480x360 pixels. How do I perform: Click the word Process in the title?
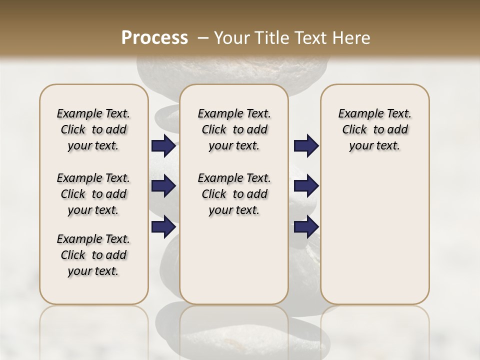[x=154, y=38]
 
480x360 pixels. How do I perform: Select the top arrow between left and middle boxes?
[x=163, y=146]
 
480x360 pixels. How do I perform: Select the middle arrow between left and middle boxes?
[x=163, y=186]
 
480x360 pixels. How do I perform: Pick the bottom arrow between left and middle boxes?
[x=163, y=227]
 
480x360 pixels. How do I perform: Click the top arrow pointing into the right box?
[x=306, y=146]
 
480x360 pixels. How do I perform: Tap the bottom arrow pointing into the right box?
[x=306, y=227]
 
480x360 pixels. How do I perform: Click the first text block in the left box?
[x=93, y=129]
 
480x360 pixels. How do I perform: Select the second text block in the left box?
[x=93, y=194]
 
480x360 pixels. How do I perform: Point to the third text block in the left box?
[x=93, y=255]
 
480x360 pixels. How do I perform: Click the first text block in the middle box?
[x=234, y=129]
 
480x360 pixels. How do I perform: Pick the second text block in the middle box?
[x=234, y=194]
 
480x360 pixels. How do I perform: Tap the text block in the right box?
[x=375, y=129]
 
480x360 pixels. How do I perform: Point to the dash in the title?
[x=203, y=38]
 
